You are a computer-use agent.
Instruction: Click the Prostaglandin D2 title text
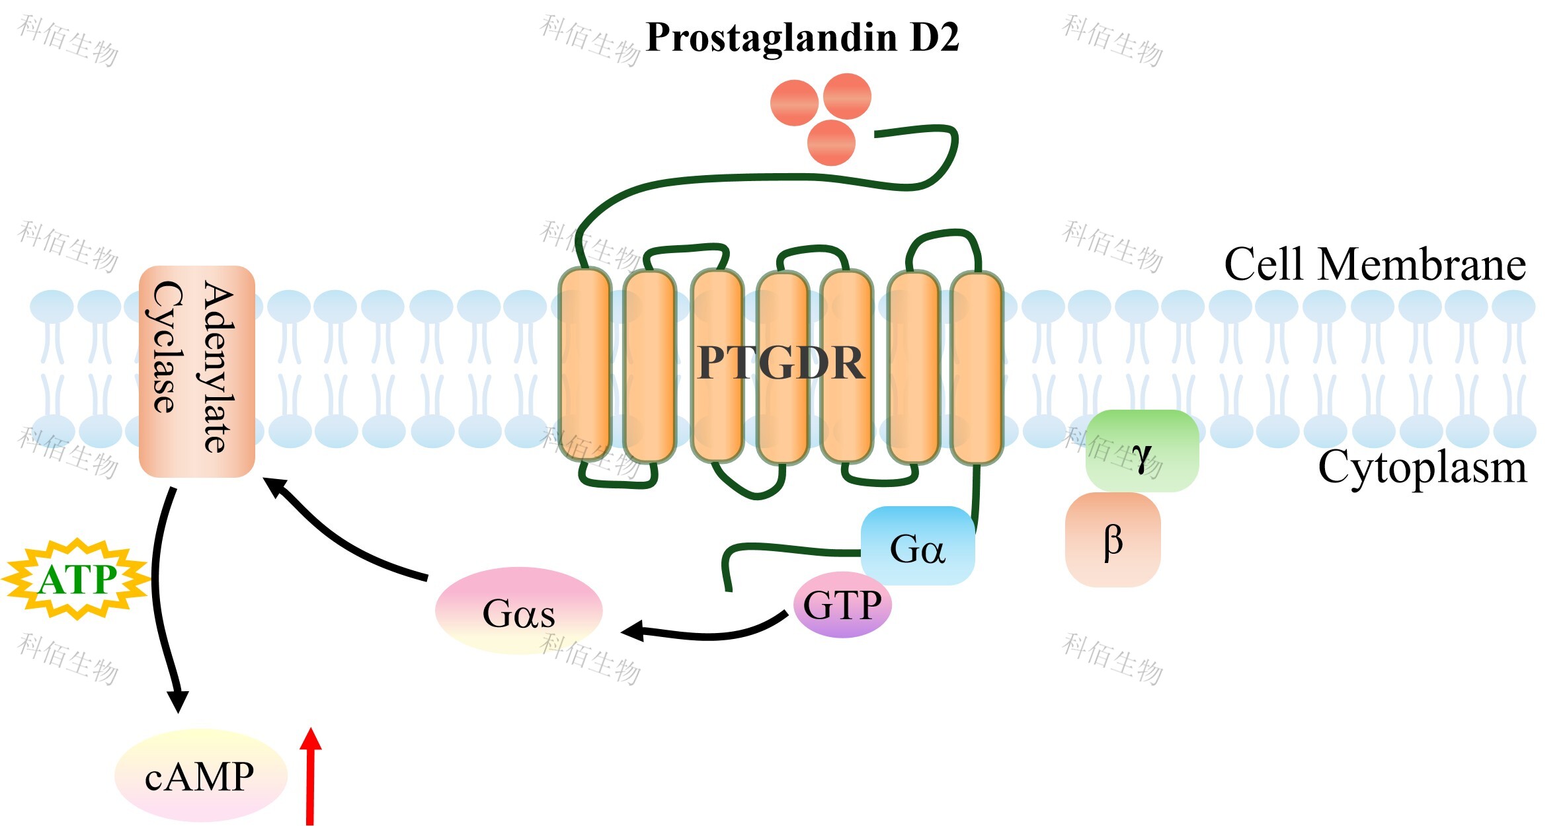801,37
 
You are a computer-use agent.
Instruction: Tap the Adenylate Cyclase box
196,371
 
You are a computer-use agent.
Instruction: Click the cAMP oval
200,776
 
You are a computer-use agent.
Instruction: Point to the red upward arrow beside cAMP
310,776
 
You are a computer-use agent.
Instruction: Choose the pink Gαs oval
519,611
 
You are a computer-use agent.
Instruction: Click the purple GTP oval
842,605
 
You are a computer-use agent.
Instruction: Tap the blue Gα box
918,546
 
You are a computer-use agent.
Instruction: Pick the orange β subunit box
1113,540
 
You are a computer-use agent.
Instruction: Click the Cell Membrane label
1375,264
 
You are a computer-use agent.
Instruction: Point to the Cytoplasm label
1422,468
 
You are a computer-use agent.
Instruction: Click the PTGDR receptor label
781,363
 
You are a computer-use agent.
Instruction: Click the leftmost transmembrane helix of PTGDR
584,365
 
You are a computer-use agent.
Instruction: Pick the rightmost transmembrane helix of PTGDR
977,367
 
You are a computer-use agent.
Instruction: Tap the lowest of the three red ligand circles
831,143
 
